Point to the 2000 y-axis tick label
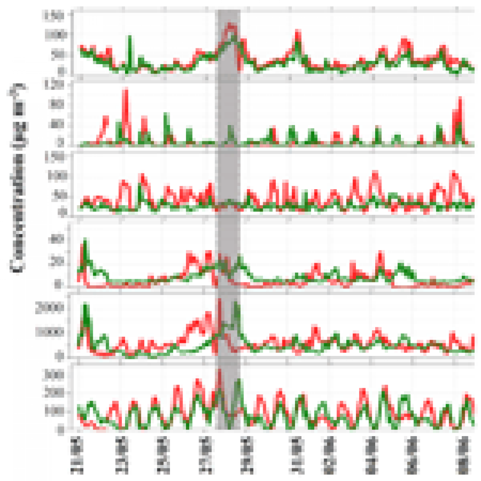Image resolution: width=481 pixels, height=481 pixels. pyautogui.click(x=49, y=308)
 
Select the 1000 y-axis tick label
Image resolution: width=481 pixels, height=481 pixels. pyautogui.click(x=49, y=331)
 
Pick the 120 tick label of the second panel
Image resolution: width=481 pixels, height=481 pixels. pyautogui.click(x=56, y=85)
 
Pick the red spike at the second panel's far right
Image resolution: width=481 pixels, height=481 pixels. pyautogui.click(x=460, y=100)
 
